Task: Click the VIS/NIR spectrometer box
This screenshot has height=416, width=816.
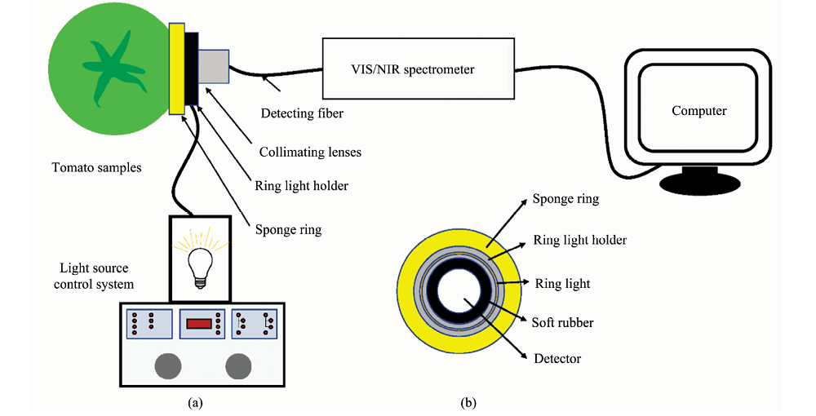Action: (419, 69)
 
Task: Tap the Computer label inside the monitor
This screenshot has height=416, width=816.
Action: (698, 110)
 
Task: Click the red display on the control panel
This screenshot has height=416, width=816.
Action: (200, 323)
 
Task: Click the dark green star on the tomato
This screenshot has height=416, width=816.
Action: (114, 69)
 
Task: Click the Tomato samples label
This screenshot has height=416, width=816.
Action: (96, 168)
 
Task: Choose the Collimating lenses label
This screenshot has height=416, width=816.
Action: (309, 152)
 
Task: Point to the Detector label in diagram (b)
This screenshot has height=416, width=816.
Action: (557, 358)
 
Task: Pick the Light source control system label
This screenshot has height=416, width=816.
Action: (96, 276)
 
